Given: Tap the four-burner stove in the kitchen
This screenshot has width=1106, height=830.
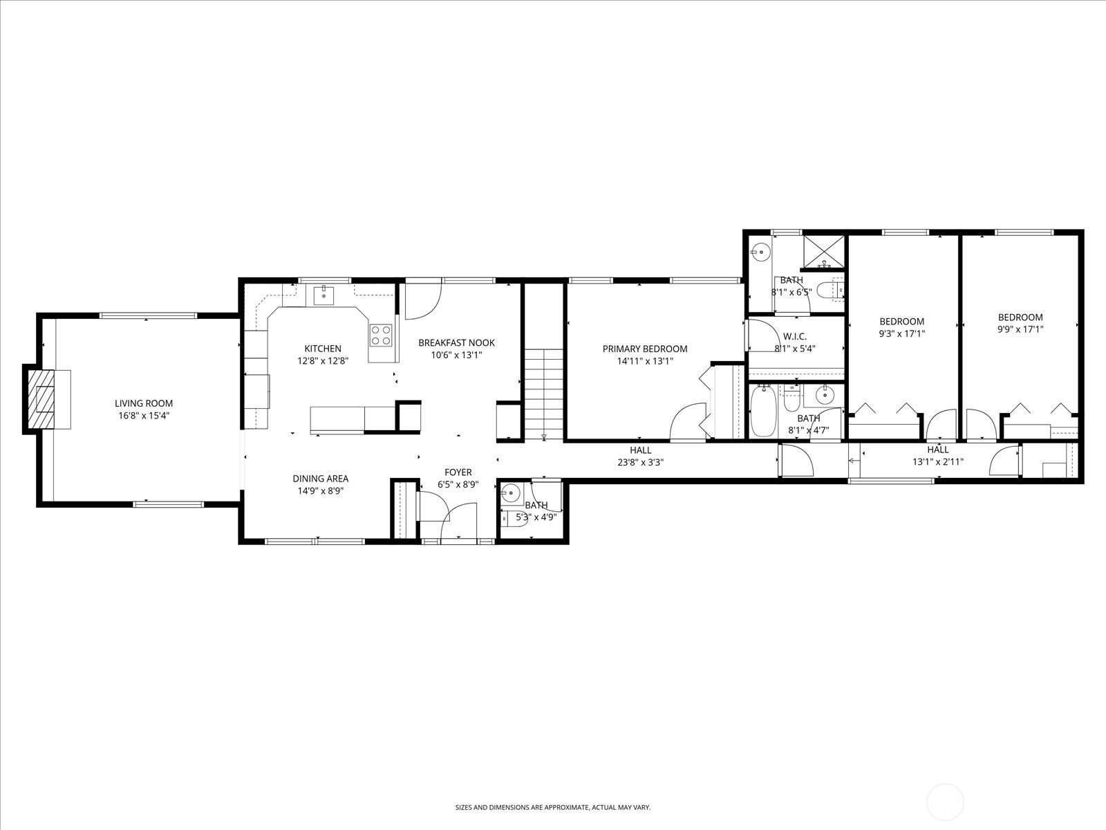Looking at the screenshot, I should [x=381, y=335].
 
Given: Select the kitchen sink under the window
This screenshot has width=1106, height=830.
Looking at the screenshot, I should [x=323, y=295].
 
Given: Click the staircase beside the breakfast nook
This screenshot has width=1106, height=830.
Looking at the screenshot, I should [x=544, y=394].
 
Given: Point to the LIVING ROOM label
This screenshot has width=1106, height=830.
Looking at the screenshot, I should [x=144, y=403].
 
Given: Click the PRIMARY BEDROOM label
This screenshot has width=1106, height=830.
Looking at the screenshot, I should [x=644, y=349].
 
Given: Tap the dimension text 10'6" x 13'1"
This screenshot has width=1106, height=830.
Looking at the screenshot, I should [x=456, y=355].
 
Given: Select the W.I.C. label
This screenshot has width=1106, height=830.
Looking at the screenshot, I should [x=795, y=337].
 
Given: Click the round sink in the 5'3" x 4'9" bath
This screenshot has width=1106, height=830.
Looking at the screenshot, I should [x=511, y=494].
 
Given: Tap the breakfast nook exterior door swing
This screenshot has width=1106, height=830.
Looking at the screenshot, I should [x=422, y=302].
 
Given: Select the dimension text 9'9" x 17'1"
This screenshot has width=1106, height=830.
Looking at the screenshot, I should [x=1020, y=330].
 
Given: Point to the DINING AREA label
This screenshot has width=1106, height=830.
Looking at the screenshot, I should [x=320, y=479].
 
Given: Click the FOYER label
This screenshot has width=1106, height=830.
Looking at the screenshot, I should [x=458, y=472].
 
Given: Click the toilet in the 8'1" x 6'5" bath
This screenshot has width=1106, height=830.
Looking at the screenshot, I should [x=829, y=289].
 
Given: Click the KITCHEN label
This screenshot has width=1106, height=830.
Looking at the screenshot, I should [x=323, y=349].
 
